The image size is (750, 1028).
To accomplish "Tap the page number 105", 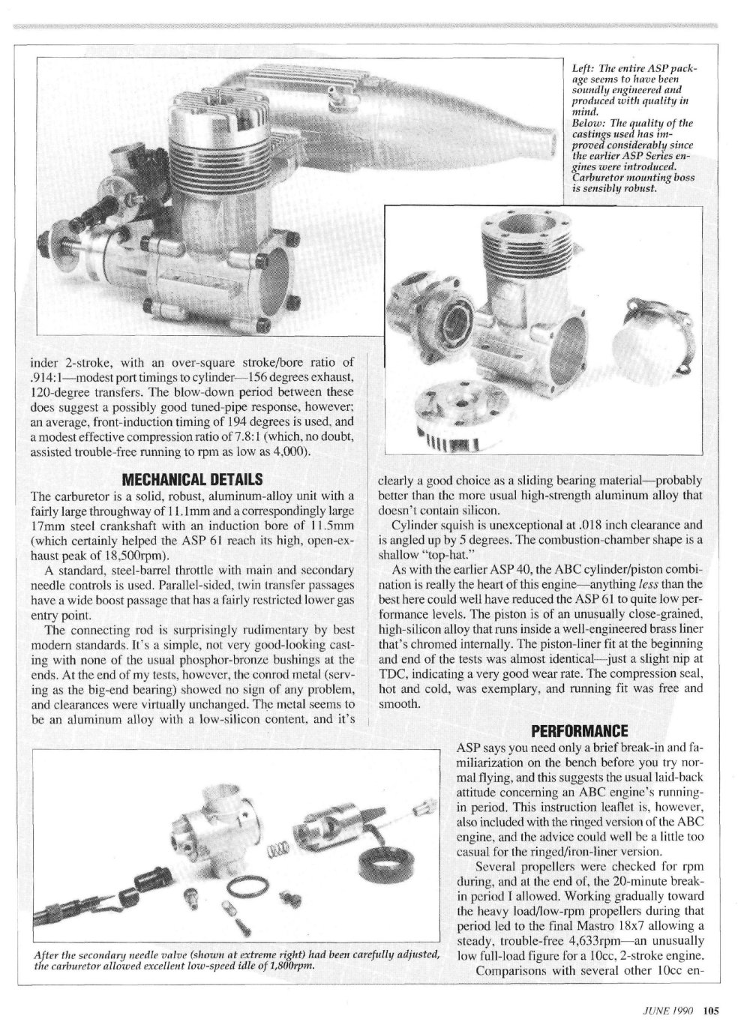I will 711,1009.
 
